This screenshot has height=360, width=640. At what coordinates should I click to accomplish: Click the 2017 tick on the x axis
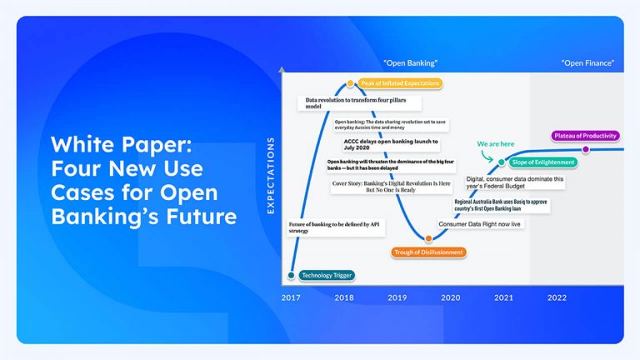coord(291,297)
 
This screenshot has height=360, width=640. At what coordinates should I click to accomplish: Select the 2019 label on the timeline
coord(397,297)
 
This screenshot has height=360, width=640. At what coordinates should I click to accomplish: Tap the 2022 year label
coord(557,297)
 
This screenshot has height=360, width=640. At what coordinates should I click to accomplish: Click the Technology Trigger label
coord(326,275)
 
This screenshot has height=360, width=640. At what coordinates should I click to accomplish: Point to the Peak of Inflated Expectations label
coord(399,83)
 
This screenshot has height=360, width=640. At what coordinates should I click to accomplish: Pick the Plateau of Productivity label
coord(585,135)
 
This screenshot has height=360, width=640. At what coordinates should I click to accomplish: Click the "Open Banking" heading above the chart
coord(410,63)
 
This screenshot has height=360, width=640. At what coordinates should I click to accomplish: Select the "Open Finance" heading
coord(587,63)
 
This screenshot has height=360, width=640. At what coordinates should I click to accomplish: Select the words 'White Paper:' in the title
coord(122,146)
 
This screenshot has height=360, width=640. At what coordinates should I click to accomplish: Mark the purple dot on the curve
coord(585,150)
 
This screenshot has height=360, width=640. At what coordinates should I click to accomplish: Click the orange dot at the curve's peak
coord(351,83)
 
